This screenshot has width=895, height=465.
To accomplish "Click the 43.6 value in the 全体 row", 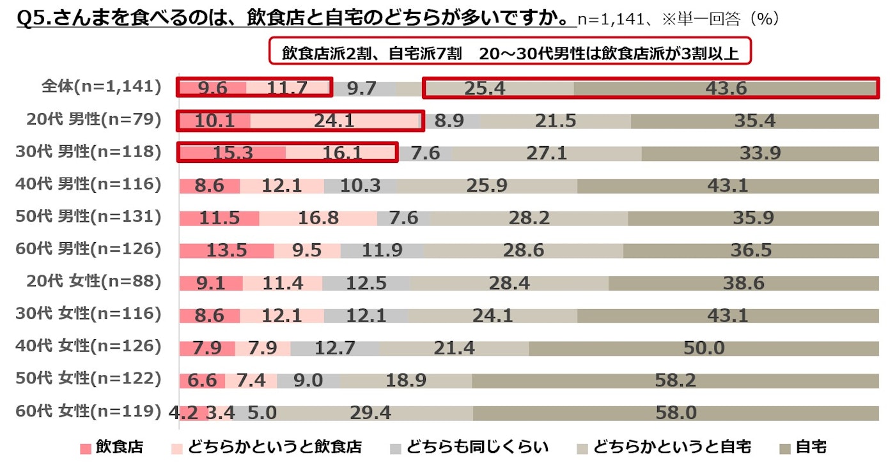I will point(726,88).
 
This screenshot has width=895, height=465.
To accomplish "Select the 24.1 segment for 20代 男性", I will point(334,120).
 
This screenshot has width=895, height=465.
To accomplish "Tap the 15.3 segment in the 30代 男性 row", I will point(232,153).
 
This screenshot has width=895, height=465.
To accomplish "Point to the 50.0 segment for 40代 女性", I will point(703,347).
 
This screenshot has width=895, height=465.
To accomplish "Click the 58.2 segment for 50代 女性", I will point(675,380).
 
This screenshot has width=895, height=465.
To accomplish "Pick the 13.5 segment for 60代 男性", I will point(226,250).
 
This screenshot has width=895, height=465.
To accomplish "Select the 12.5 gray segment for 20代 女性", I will point(366,282).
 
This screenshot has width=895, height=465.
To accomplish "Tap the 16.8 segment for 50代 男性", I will point(318,218).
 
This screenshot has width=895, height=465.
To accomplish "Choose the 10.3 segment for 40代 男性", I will point(360,185).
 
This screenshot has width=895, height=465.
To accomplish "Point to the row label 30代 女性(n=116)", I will point(88,314).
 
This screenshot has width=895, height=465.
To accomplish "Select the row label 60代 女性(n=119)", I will point(88,411).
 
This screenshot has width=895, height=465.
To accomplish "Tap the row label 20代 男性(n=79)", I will point(93,119).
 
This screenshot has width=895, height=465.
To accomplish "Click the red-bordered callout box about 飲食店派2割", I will point(510,53).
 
